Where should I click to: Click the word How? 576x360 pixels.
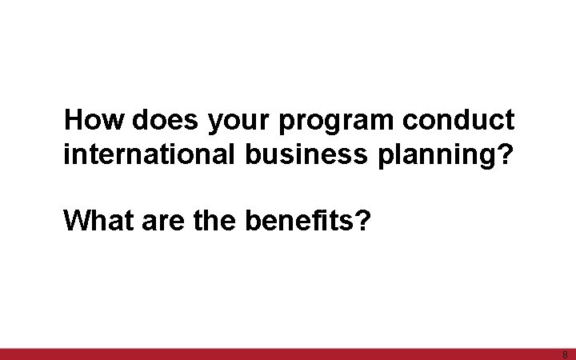(x=95, y=121)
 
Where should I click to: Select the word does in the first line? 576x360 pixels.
(x=167, y=121)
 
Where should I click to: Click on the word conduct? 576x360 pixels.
(x=458, y=121)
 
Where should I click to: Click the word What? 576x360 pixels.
(x=95, y=218)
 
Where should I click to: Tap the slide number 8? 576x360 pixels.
(x=565, y=354)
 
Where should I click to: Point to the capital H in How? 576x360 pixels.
(x=74, y=121)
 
